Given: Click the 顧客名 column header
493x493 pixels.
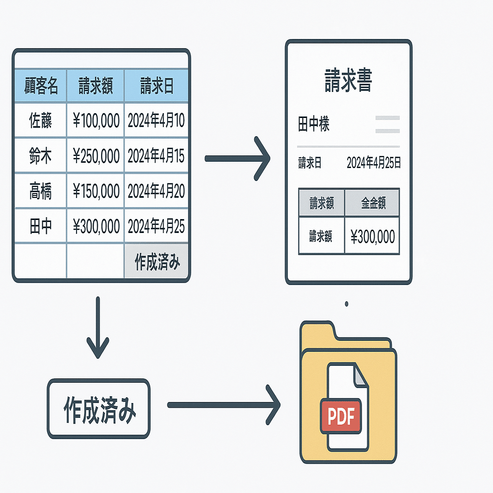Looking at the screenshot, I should pos(41,87).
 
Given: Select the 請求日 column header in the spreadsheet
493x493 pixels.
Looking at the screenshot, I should pos(156,87).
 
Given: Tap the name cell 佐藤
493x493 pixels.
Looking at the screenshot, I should pos(41,121).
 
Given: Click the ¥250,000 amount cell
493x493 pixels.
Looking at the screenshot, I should pos(96,156).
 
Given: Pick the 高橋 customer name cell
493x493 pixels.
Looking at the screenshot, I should pos(41,191).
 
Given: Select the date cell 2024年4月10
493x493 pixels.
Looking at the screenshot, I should pos(156,121).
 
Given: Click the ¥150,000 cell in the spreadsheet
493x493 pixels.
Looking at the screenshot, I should pos(96,191).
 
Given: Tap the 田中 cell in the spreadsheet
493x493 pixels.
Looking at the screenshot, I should pos(41,226).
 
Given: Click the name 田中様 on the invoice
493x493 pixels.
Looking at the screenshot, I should pos(314,125).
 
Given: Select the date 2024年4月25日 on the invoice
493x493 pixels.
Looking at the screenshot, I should pos(374,163).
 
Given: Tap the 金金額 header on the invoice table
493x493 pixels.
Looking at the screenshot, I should pos(373,203).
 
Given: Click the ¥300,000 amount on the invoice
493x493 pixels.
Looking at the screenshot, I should pos(373,236).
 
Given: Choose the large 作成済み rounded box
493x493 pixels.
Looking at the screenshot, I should pos(99,408).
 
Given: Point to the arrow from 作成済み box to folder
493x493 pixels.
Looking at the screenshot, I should pos(224,405).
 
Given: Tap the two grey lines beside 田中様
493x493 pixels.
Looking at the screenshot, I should pos(387,124).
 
